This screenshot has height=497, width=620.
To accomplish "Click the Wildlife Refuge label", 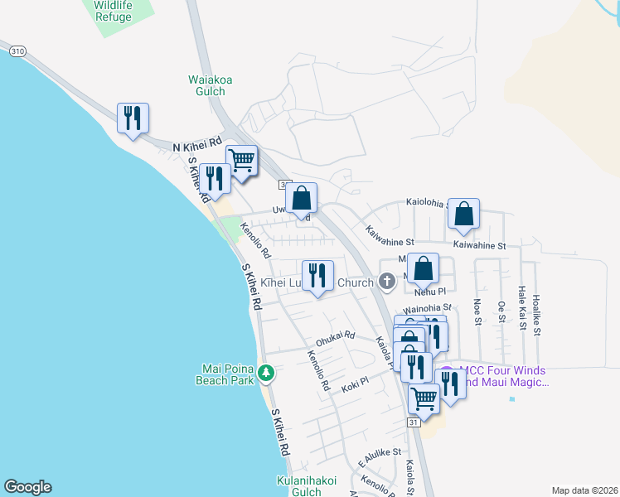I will [x=113, y=11].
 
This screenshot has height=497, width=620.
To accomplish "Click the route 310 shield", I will [x=17, y=51].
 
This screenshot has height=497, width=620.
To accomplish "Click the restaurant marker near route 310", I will [x=132, y=118].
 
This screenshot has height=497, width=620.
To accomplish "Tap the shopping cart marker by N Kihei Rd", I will [x=241, y=161].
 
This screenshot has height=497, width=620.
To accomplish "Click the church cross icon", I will [x=385, y=282].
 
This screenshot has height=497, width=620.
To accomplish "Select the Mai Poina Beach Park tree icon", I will [x=266, y=374].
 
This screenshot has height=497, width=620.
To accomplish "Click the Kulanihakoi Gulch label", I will [x=308, y=486].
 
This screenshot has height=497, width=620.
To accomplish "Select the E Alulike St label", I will [x=380, y=456].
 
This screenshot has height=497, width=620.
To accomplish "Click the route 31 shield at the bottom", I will [x=414, y=422].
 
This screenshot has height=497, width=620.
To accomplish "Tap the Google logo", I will [x=27, y=487].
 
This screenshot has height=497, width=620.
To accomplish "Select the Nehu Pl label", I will [x=430, y=292].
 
